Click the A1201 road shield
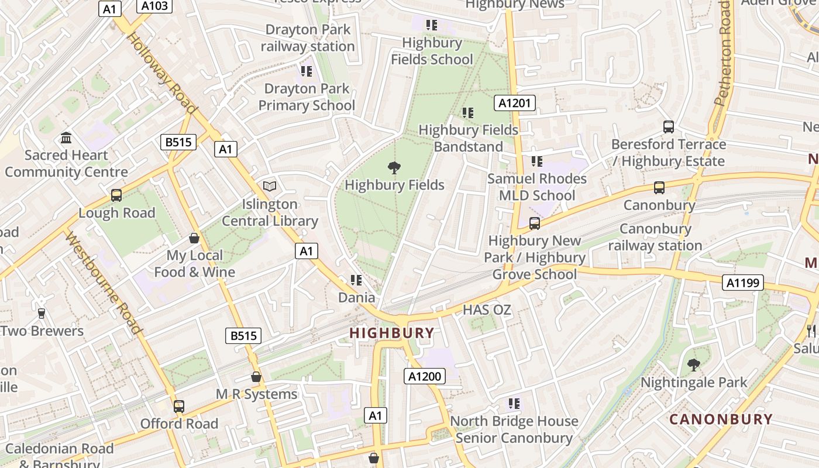pos(515,104)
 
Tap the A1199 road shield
pos(743,283)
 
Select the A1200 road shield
pos(424,376)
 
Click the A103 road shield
pos(155,6)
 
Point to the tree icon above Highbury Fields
pos(394,168)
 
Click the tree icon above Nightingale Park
pos(693,365)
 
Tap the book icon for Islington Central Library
pos(269,186)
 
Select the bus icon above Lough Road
pos(116,195)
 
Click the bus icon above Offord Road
pos(178,406)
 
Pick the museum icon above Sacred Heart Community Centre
pos(66,138)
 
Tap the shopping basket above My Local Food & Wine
pos(194,238)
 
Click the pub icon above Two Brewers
pos(41,314)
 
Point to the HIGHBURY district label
pos(392,333)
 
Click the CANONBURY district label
pos(721,419)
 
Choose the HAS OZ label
pos(487,310)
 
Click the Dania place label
pos(357,297)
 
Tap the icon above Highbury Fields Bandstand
pos(467,113)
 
